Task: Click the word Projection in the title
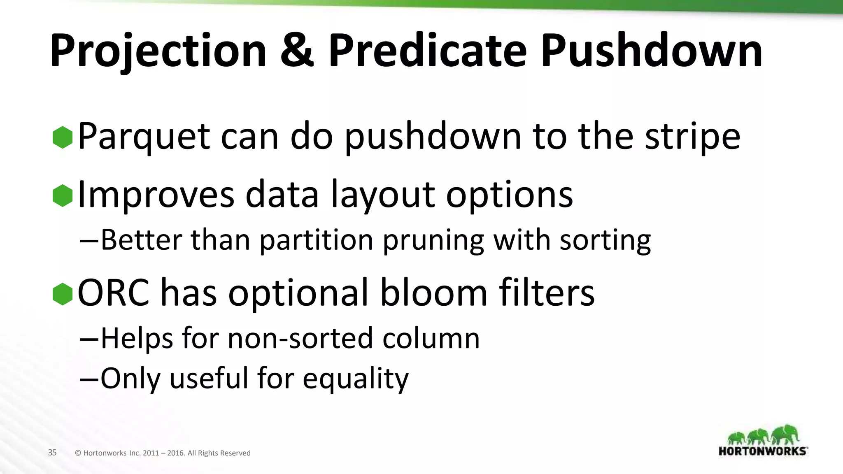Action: tap(158, 51)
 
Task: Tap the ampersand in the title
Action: tap(297, 51)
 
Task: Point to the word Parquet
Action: tap(144, 137)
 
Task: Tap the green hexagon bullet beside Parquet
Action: tap(63, 137)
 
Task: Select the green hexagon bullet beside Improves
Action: tap(63, 195)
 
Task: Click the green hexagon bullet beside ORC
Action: tap(63, 294)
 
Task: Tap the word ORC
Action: tap(114, 293)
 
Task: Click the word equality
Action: tap(356, 379)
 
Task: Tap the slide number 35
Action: tap(52, 453)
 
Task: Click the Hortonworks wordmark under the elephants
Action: tap(762, 451)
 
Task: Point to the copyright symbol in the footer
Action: tap(78, 453)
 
